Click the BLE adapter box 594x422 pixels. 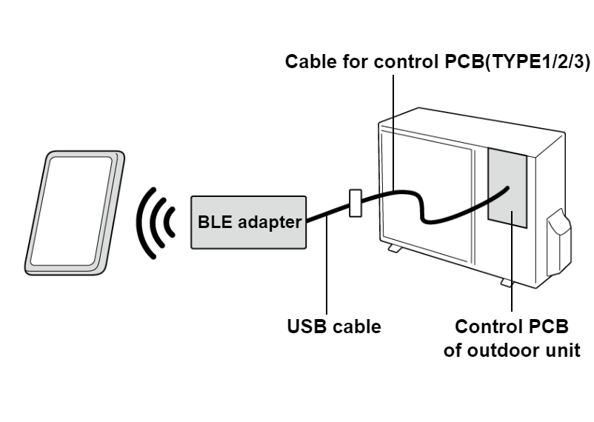(248, 222)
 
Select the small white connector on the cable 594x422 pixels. (355, 203)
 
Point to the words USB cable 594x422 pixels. (334, 326)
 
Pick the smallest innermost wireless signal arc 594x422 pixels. (171, 221)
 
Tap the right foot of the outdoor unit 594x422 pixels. (506, 283)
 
